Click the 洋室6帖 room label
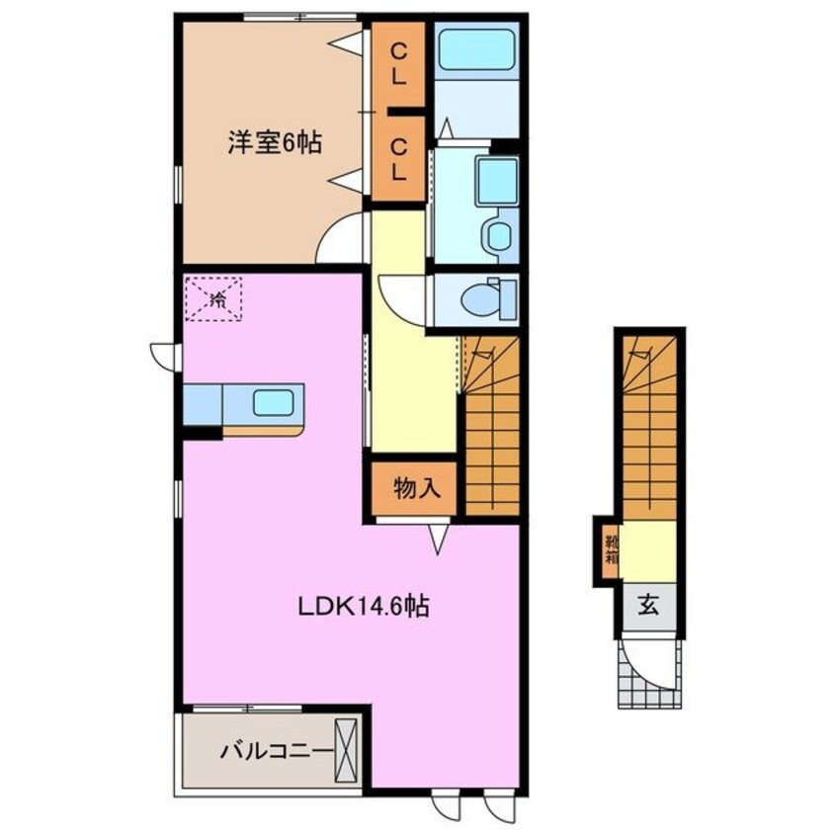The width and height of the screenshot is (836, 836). (x=275, y=142)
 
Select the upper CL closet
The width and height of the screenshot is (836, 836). (x=397, y=63)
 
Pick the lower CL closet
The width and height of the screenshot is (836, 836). (x=397, y=158)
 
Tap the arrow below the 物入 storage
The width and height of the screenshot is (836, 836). (x=439, y=536)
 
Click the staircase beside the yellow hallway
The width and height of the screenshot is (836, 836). (x=491, y=435)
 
